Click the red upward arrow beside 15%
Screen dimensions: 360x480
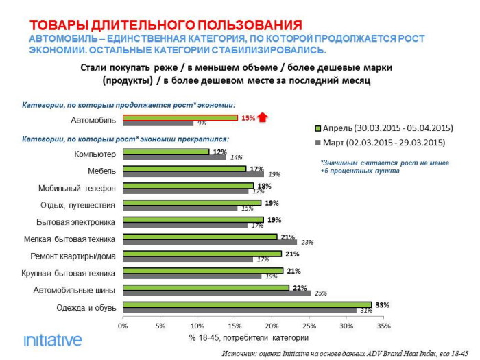tap(263, 118)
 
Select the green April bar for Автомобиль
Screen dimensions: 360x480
tap(180, 118)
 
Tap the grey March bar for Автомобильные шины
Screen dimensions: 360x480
tap(216, 293)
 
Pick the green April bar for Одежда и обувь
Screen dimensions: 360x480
tap(247, 304)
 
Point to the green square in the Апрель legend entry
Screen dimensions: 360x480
tap(317, 128)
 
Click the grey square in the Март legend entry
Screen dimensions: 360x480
tap(317, 143)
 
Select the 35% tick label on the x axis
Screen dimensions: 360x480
tap(383, 326)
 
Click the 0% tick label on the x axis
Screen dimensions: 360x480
tap(123, 326)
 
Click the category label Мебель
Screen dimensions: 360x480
tap(102, 169)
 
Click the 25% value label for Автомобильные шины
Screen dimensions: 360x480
tap(321, 293)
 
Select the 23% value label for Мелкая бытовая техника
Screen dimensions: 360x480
tap(307, 241)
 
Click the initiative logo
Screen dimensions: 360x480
tap(53, 340)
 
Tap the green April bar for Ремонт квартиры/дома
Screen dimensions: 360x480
tap(202, 254)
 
